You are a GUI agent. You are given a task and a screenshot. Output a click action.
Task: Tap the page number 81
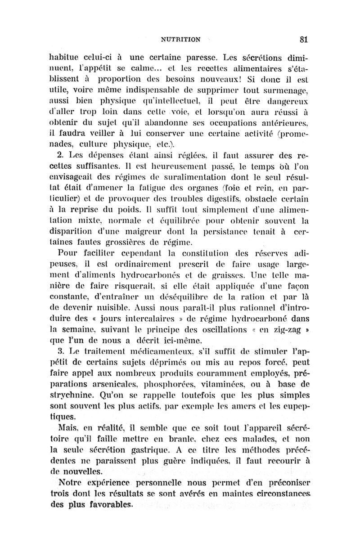[x=302, y=39]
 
